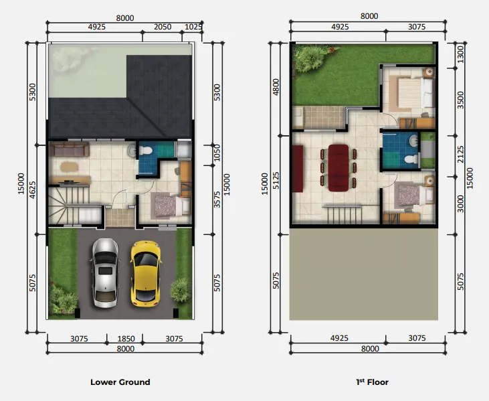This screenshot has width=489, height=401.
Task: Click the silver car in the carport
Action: pos(105,269)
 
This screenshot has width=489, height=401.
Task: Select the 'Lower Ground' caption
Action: pos(120,382)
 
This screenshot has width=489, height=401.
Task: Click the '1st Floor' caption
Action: pos(373,382)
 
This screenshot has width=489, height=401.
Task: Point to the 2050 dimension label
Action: pos(163,27)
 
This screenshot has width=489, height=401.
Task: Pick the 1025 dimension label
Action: pos(193,27)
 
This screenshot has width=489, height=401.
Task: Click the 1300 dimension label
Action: pos(458,54)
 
